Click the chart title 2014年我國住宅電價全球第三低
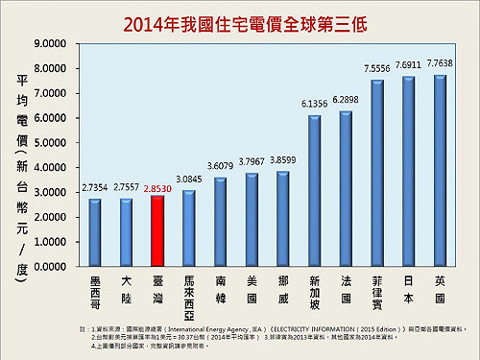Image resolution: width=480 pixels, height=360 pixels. pos(240,21)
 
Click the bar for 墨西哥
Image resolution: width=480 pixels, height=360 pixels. pos(94,233)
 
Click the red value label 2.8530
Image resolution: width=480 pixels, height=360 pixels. pos(156,189)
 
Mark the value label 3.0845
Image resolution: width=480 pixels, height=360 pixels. pos(187,179)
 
